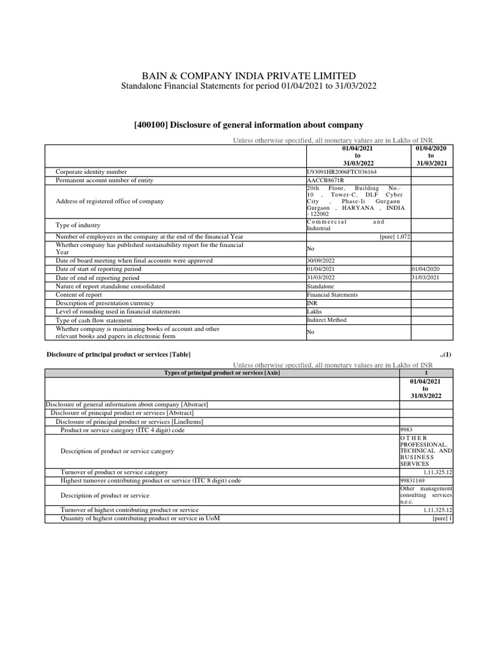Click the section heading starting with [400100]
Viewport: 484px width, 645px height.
tap(248, 125)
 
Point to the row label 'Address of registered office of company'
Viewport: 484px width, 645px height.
tap(110, 202)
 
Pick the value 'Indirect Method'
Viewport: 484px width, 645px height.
tap(326, 320)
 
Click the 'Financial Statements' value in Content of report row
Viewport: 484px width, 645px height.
tap(332, 295)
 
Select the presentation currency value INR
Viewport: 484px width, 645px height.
tap(312, 303)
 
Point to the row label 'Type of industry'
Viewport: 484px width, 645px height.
tap(78, 225)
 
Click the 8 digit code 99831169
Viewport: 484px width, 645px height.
tap(413, 481)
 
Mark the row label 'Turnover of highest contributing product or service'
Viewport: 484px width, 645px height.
tap(129, 510)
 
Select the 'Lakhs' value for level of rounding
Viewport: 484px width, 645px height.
tap(314, 312)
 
